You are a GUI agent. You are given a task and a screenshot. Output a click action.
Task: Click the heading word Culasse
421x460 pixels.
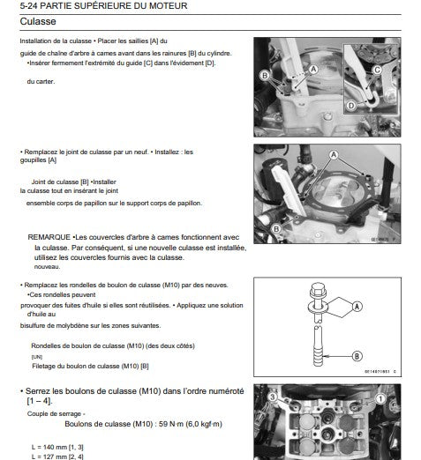[x=38, y=21]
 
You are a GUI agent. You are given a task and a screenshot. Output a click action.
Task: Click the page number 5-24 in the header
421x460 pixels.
[x=28, y=6]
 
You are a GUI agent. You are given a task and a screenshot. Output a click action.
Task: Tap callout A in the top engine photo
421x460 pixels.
[x=313, y=70]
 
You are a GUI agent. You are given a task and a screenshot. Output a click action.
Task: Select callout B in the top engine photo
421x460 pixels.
[x=265, y=76]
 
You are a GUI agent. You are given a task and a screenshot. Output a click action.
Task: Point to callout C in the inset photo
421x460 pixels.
[x=377, y=70]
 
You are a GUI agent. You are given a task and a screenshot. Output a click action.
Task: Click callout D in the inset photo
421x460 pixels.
[x=351, y=106]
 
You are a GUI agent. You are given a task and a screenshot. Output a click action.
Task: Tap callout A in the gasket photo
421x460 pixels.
[x=334, y=154]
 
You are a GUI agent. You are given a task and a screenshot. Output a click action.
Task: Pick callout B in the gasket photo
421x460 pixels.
[x=276, y=229]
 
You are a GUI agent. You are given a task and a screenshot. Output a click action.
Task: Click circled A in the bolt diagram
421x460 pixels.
[x=357, y=307]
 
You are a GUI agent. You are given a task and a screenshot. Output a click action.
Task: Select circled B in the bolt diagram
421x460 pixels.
[x=357, y=356]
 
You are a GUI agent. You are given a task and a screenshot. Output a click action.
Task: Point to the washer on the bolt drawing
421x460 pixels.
[x=318, y=307]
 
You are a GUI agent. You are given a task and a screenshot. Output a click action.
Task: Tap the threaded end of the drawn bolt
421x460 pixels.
[x=318, y=356]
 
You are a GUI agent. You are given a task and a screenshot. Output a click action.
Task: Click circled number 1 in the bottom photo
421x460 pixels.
[x=380, y=399]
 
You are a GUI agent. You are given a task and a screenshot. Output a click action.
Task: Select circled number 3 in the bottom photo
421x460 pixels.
[x=273, y=397]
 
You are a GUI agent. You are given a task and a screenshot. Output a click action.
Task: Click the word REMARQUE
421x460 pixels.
[x=49, y=237]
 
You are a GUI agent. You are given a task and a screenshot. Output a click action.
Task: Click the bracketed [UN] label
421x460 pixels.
[x=37, y=357]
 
